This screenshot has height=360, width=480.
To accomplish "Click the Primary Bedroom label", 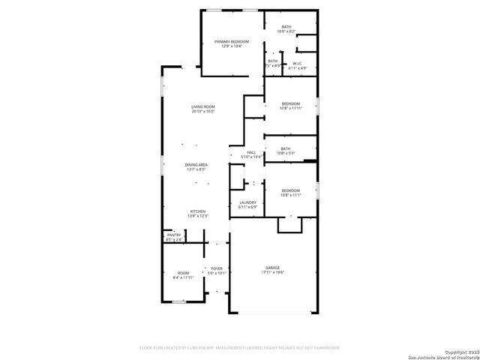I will click(x=231, y=42).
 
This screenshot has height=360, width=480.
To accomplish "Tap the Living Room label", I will click(x=203, y=107).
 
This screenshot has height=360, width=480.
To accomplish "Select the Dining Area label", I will click(x=197, y=164).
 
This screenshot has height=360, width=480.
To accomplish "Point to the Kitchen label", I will click(x=197, y=211).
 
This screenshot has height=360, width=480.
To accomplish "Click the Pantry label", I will click(x=174, y=235).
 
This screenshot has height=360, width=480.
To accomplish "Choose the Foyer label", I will click(x=217, y=268).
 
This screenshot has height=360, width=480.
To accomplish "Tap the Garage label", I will click(x=271, y=268).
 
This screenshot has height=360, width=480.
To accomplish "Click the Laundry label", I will click(x=247, y=202).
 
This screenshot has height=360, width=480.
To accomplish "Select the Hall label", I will click(x=252, y=152).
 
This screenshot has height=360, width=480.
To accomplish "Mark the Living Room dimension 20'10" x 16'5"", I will click(x=203, y=112).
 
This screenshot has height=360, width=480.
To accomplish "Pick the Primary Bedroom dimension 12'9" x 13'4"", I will click(x=231, y=46).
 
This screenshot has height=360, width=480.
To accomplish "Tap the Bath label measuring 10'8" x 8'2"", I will click(x=286, y=27).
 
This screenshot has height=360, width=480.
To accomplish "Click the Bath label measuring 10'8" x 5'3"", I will click(x=286, y=148).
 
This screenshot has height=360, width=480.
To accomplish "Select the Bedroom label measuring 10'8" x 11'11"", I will click(x=290, y=103).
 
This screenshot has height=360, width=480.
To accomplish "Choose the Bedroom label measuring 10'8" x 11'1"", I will click(x=290, y=191).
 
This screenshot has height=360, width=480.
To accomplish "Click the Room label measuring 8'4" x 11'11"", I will click(x=184, y=273).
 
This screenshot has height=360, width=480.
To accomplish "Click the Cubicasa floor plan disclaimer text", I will click(x=240, y=348).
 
